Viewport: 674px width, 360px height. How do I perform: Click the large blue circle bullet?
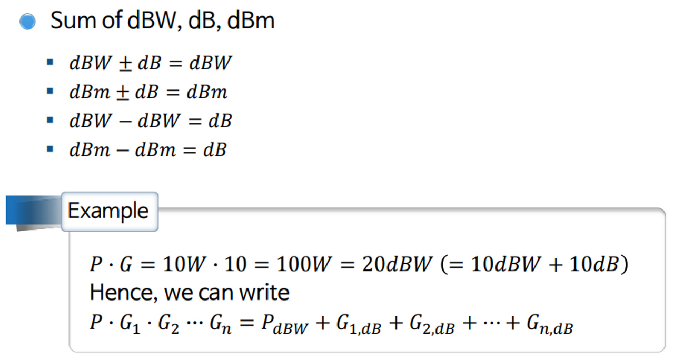[x=27, y=22]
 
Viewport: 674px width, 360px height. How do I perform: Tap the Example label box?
[x=109, y=211]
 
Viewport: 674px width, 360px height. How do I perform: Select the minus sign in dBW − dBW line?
[x=125, y=122]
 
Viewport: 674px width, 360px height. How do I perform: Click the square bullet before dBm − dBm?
[x=50, y=149]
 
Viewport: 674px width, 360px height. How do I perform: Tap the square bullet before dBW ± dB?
[x=50, y=63]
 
